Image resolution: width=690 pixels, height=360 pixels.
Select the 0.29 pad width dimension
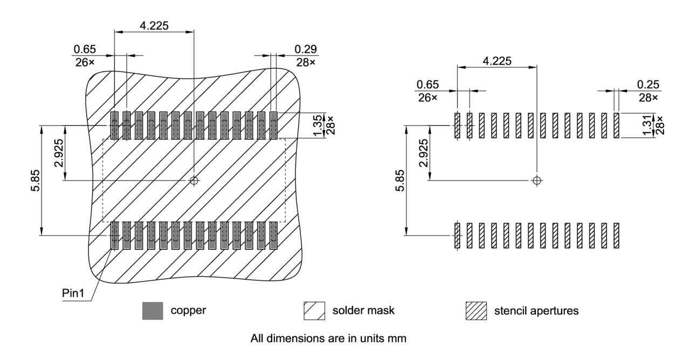pos(306,50)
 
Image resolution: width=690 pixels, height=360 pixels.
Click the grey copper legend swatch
pos(153,311)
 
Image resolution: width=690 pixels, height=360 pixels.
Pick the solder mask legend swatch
pos(314,311)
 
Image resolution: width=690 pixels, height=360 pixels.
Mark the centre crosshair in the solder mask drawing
pos(194,181)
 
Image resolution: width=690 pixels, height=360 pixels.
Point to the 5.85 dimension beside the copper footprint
pos(33,181)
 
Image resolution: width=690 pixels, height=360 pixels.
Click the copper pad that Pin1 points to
pos(114,236)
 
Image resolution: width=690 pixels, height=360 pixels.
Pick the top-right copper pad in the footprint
pos(273,126)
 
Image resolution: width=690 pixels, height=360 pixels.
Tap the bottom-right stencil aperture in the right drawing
pos(616,236)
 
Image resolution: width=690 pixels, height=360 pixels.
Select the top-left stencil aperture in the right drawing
pos(457,126)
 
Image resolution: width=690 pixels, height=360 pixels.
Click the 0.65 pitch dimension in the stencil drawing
pos(427,85)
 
